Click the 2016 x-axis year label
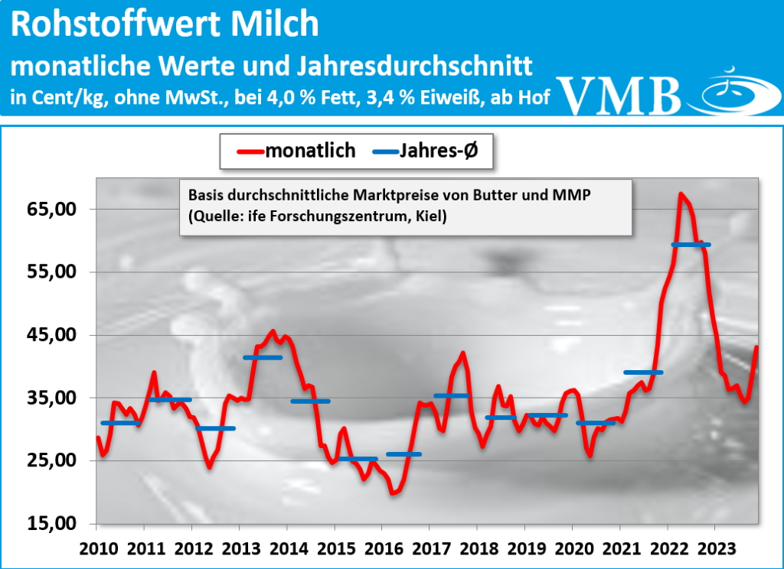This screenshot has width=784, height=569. [383, 548]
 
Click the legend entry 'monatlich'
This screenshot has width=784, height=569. [310, 151]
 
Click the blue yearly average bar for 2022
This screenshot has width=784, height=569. [691, 245]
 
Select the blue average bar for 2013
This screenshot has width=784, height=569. [263, 357]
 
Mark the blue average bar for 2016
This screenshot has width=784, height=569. [403, 454]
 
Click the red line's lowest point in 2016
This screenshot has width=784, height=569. [394, 493]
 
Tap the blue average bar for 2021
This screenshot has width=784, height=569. [643, 372]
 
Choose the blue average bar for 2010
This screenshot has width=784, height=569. [120, 423]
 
